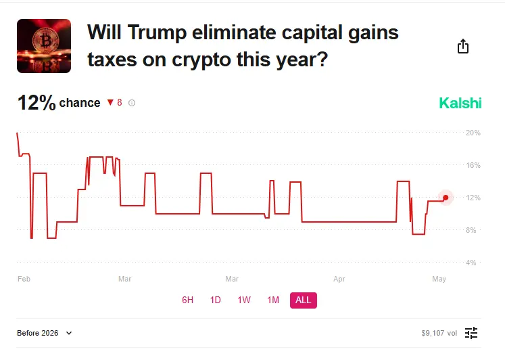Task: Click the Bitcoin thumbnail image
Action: [44, 46]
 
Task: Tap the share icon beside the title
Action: [463, 46]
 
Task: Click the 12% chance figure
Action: [37, 103]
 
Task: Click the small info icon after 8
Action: [132, 104]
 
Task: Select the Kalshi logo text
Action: [460, 104]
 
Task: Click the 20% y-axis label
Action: [473, 133]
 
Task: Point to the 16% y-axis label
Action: [473, 165]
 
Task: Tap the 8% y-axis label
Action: [473, 230]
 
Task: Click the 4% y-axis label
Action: [473, 263]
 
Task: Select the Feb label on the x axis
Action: [24, 279]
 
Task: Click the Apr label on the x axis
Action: [339, 279]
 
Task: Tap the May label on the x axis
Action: [439, 279]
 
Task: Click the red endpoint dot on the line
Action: [445, 198]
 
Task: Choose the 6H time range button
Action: [188, 300]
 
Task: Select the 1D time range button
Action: [216, 300]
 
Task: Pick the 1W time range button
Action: [244, 300]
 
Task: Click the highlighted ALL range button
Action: [304, 300]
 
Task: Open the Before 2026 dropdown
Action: [45, 333]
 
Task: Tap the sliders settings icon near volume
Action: [471, 333]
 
